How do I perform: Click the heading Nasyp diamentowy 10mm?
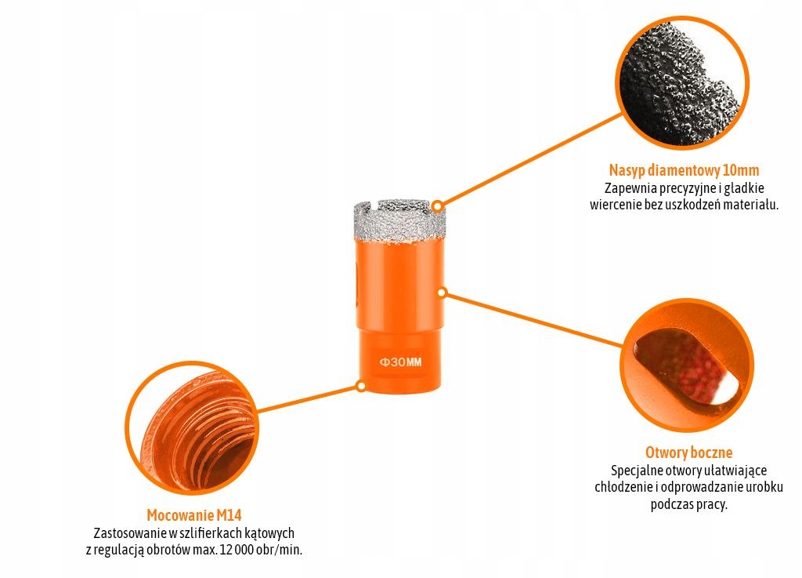point(684,170)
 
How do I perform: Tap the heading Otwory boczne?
point(688,453)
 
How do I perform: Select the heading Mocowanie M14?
point(193,515)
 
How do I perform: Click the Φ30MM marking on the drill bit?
point(400,363)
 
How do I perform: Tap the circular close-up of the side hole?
point(688,366)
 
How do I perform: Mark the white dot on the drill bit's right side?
point(442,293)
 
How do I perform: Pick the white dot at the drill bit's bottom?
point(361,386)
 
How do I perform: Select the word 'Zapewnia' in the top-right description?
point(628,188)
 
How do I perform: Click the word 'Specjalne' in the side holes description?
point(635,471)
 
